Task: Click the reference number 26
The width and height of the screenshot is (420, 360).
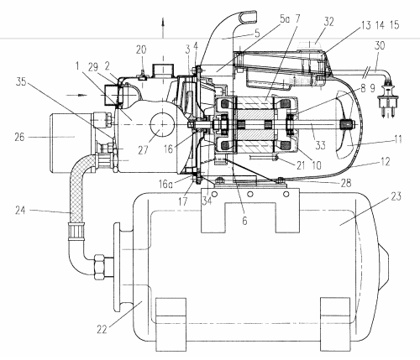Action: coord(19,138)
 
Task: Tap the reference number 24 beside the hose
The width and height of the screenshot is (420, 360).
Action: coord(20,211)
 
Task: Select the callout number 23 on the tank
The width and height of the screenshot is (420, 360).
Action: coord(396,196)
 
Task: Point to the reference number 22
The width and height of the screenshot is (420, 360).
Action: coord(102,329)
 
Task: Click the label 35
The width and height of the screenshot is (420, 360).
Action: coord(21,81)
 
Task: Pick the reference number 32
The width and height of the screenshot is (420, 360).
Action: coord(329,22)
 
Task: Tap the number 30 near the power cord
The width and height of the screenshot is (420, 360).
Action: coord(380,45)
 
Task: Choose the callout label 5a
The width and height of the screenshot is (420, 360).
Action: coord(285,19)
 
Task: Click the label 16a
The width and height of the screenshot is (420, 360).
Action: coord(165,185)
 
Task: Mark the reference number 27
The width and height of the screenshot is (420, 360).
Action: coord(143,150)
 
